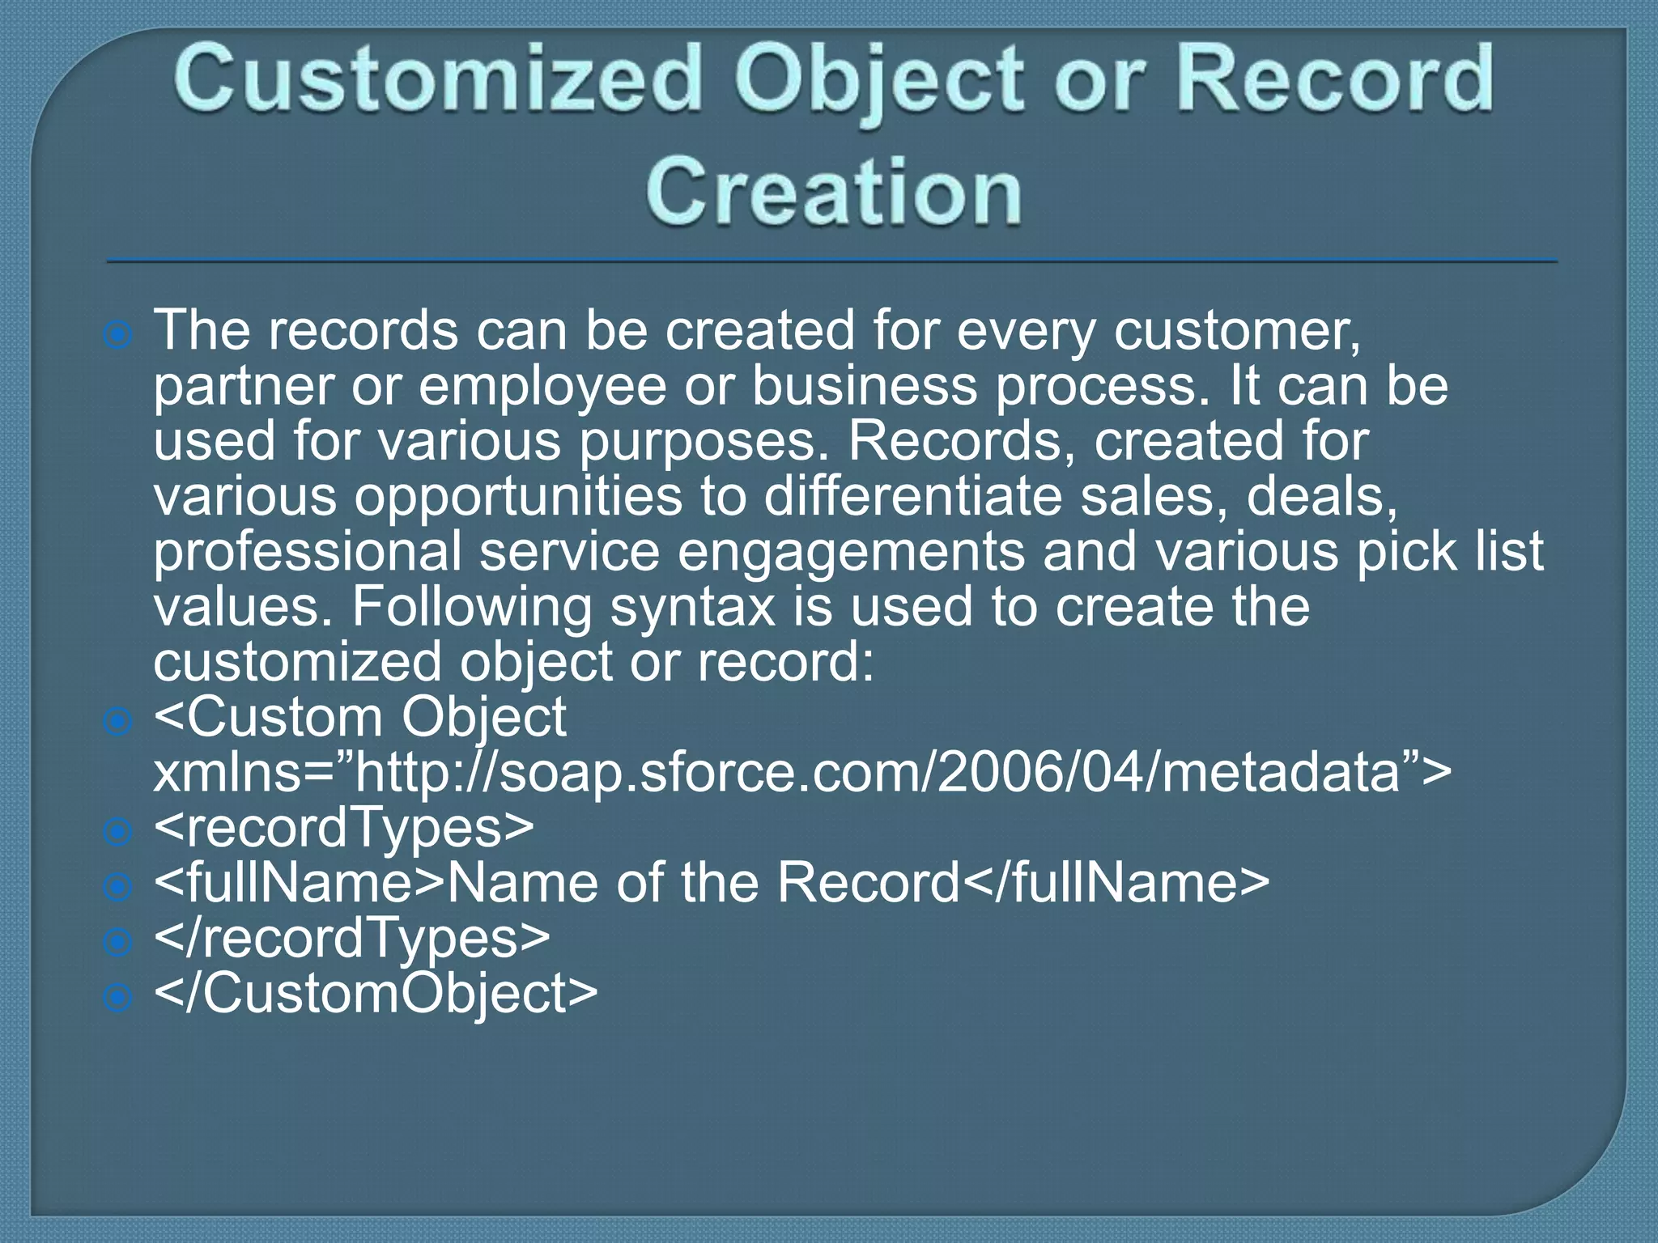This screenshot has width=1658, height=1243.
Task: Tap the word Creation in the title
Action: click(833, 192)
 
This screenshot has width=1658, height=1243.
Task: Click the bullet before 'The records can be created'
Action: click(119, 334)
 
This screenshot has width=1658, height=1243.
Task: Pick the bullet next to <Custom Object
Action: click(119, 720)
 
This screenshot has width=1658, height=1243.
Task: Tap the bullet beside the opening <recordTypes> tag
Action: click(119, 831)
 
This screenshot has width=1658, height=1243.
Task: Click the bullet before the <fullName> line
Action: click(119, 887)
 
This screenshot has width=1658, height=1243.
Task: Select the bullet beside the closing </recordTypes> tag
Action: click(119, 942)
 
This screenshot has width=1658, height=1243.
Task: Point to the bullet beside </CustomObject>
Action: click(119, 997)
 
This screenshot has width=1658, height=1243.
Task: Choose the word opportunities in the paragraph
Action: click(518, 497)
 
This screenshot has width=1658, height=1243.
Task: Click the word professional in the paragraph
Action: click(307, 552)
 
